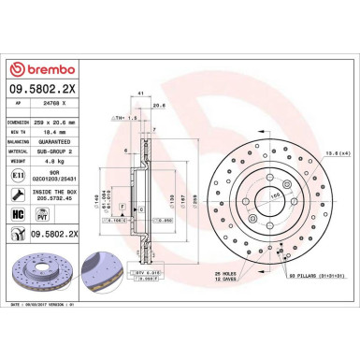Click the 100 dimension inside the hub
pyautogui.click(x=275, y=197)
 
